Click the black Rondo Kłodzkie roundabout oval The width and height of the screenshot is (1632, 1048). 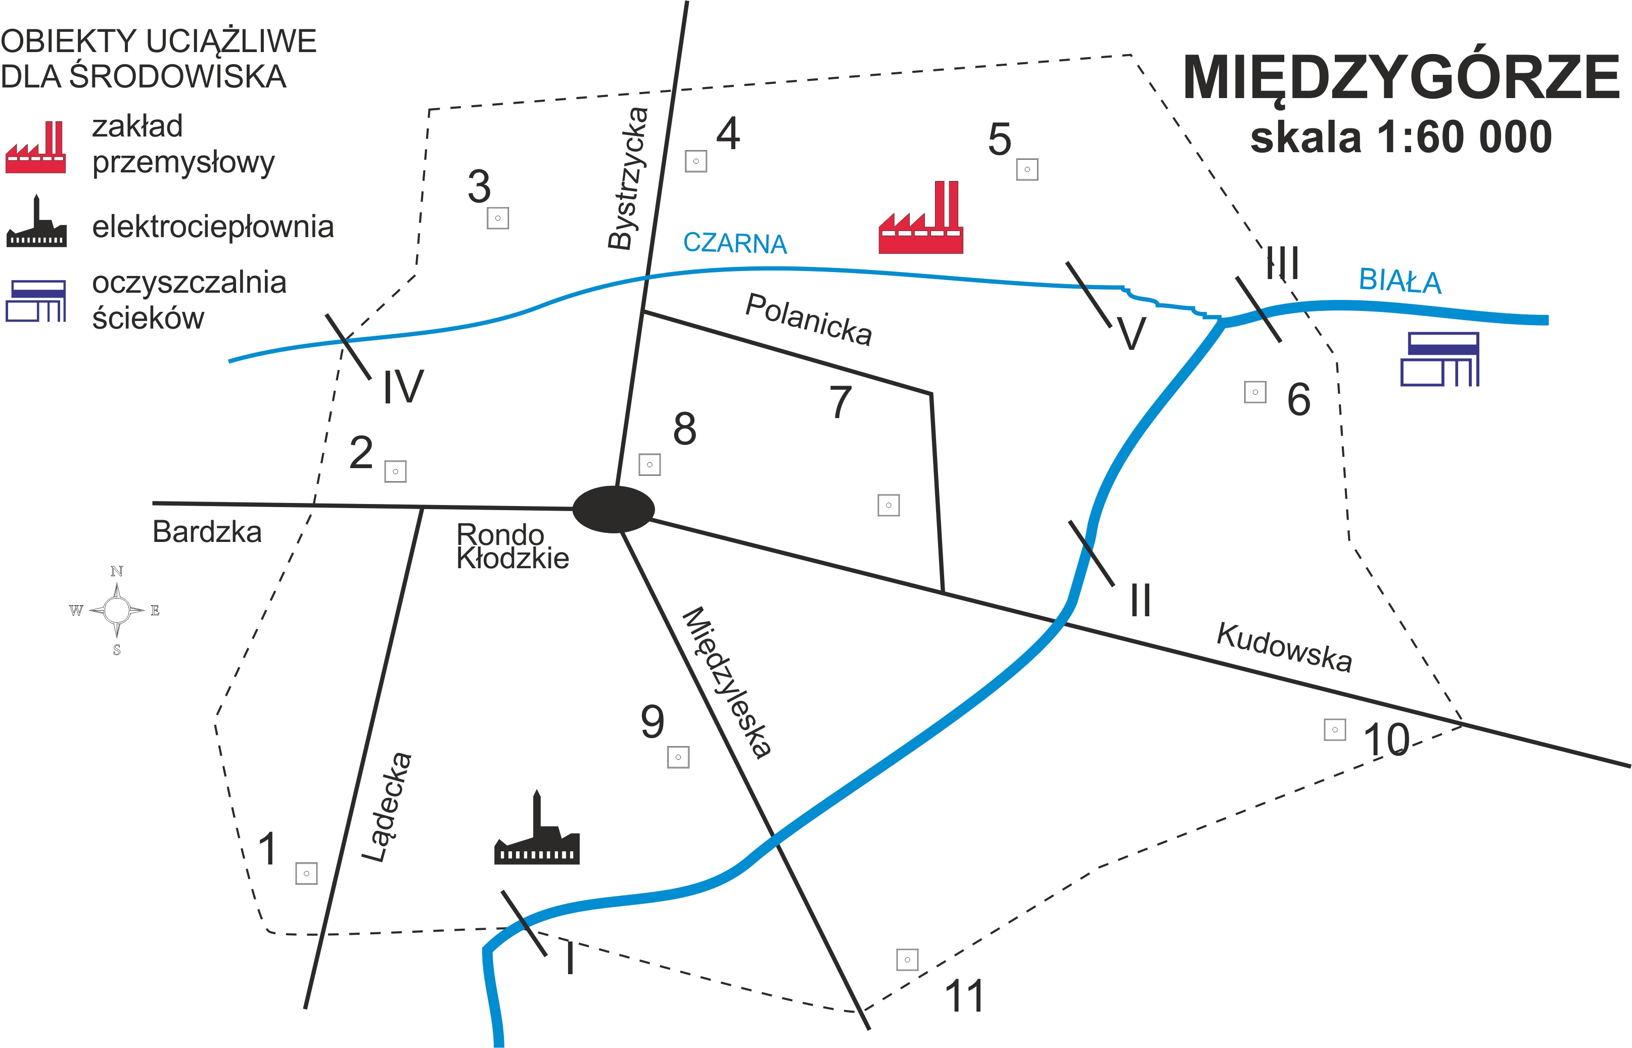(613, 509)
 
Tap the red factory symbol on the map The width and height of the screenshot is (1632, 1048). (920, 219)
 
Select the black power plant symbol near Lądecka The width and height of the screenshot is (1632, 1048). (537, 832)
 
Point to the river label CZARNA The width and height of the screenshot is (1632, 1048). (735, 243)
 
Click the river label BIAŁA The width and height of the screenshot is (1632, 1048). (1400, 281)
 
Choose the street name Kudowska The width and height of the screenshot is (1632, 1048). (1284, 647)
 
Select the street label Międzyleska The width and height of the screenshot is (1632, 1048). (727, 682)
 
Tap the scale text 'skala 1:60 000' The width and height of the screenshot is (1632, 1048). (1401, 138)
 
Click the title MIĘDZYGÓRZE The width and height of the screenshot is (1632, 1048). (1401, 78)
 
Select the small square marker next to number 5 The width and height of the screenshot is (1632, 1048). (1027, 169)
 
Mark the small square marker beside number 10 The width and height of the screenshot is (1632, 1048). (1335, 730)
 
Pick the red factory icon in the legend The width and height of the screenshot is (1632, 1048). (36, 148)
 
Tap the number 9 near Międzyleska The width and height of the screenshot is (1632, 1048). (652, 721)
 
